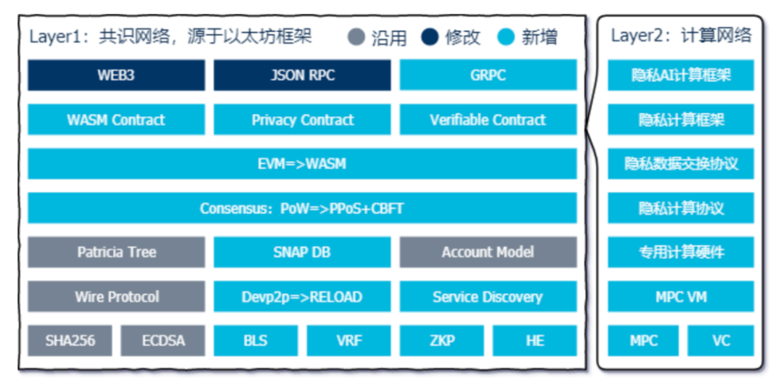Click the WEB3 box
pyautogui.click(x=116, y=75)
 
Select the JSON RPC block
pyautogui.click(x=302, y=75)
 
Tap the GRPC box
pyautogui.click(x=488, y=75)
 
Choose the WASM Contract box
pyautogui.click(x=116, y=120)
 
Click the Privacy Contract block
pyautogui.click(x=302, y=120)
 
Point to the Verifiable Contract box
pyautogui.click(x=488, y=120)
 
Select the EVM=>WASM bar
pyautogui.click(x=302, y=164)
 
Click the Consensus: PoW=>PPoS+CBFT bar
pyautogui.click(x=302, y=207)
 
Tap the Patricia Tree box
pyautogui.click(x=116, y=252)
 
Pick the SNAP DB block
pyautogui.click(x=302, y=252)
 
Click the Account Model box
pyautogui.click(x=488, y=252)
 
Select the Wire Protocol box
pyautogui.click(x=116, y=297)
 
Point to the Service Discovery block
pyautogui.click(x=488, y=297)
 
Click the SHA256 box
pyautogui.click(x=70, y=341)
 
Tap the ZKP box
pyautogui.click(x=441, y=341)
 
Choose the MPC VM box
pyautogui.click(x=680, y=297)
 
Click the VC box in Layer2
pyautogui.click(x=721, y=341)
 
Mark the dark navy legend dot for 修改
pyautogui.click(x=430, y=37)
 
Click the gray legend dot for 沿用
pyautogui.click(x=356, y=37)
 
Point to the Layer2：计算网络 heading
pyautogui.click(x=681, y=36)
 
